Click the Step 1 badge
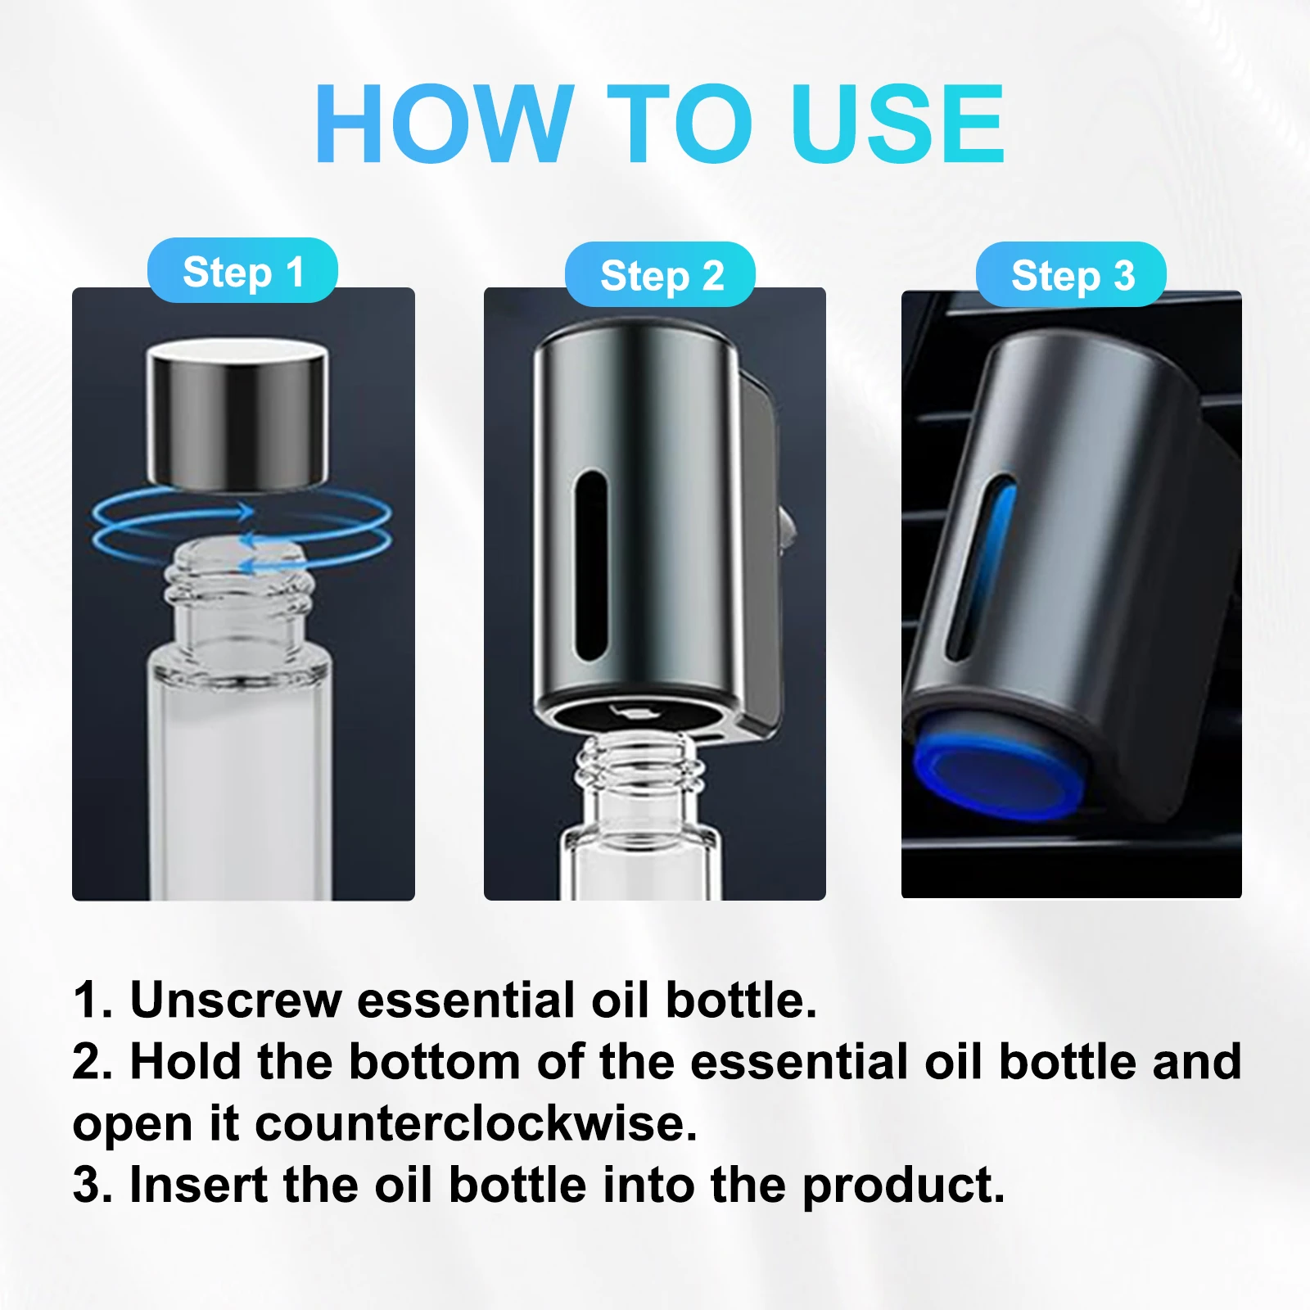[242, 270]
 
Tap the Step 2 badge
[660, 274]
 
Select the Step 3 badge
[1071, 274]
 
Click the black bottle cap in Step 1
[237, 416]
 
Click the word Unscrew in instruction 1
[236, 1000]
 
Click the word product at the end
[903, 1186]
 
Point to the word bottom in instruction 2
[435, 1061]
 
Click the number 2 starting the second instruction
[92, 1061]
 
